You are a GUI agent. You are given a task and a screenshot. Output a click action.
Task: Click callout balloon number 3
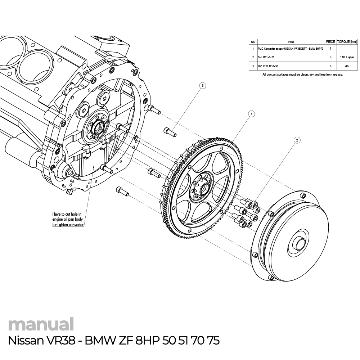click(203, 86)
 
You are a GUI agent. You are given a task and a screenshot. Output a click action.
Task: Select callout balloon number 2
click(297, 140)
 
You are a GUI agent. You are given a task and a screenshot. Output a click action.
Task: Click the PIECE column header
click(330, 42)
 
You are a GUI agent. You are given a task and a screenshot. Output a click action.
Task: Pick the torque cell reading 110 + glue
click(347, 57)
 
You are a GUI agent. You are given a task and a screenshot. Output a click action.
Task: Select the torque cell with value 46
click(347, 66)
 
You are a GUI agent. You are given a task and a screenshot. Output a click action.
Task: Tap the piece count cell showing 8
click(330, 57)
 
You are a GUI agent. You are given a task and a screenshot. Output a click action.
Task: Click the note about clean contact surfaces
click(303, 75)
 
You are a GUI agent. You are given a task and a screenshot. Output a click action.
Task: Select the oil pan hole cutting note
click(68, 219)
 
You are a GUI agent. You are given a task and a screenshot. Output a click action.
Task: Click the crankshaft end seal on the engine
click(97, 127)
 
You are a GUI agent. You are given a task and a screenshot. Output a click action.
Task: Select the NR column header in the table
click(253, 42)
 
